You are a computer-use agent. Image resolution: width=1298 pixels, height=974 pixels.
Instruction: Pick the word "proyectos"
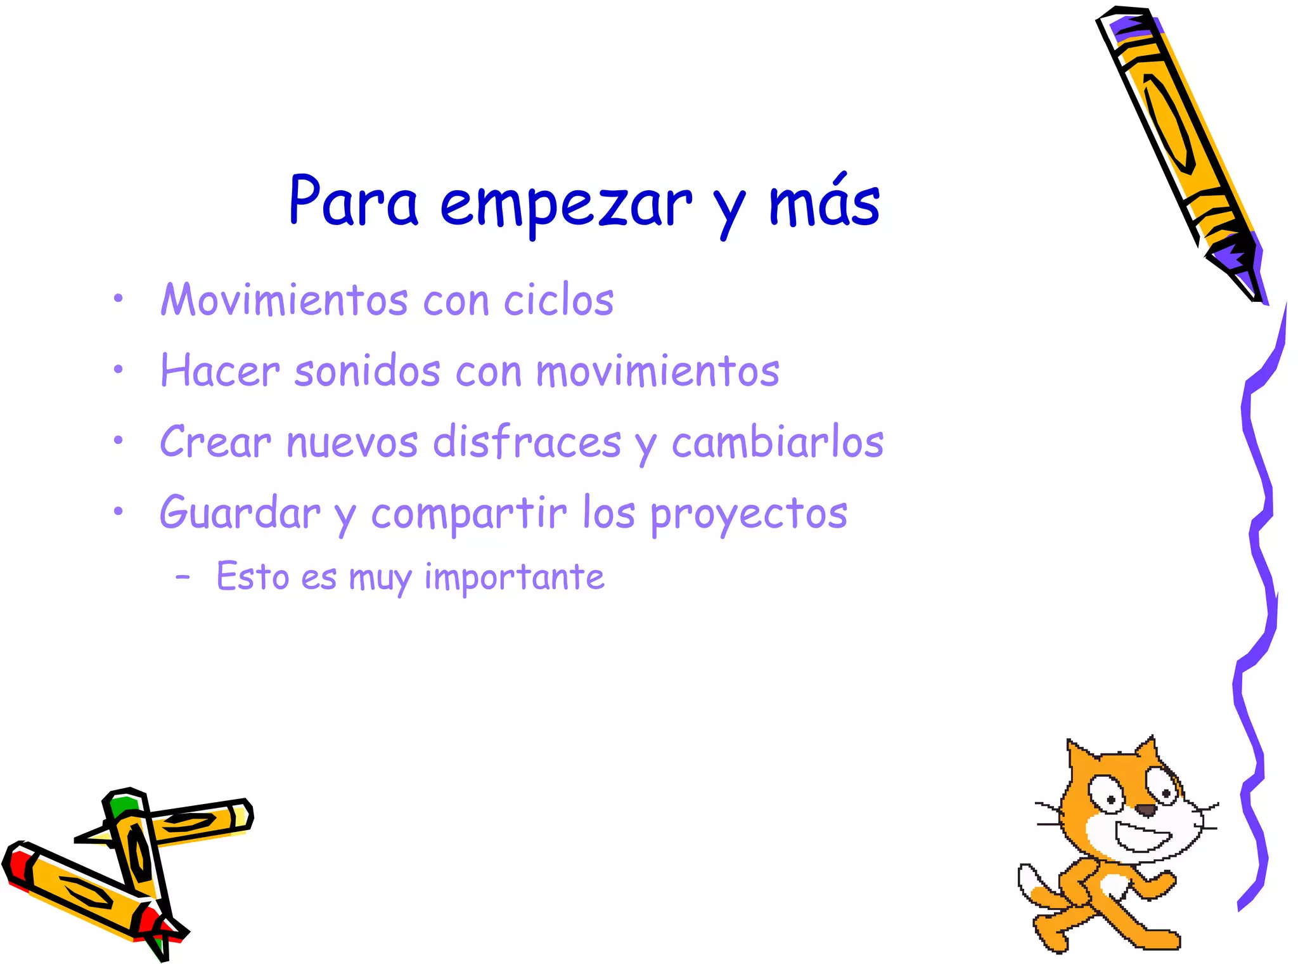pyautogui.click(x=749, y=514)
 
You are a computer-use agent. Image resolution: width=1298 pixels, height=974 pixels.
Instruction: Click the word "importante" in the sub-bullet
pyautogui.click(x=514, y=577)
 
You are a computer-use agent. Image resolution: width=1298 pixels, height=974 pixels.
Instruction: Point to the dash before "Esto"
pyautogui.click(x=183, y=577)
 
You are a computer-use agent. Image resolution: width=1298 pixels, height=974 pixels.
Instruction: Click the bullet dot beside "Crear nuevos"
pyautogui.click(x=118, y=439)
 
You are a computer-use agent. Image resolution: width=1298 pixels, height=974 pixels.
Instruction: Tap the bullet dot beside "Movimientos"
pyautogui.click(x=118, y=297)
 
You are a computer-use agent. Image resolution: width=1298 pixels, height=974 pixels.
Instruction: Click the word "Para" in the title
pyautogui.click(x=353, y=202)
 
